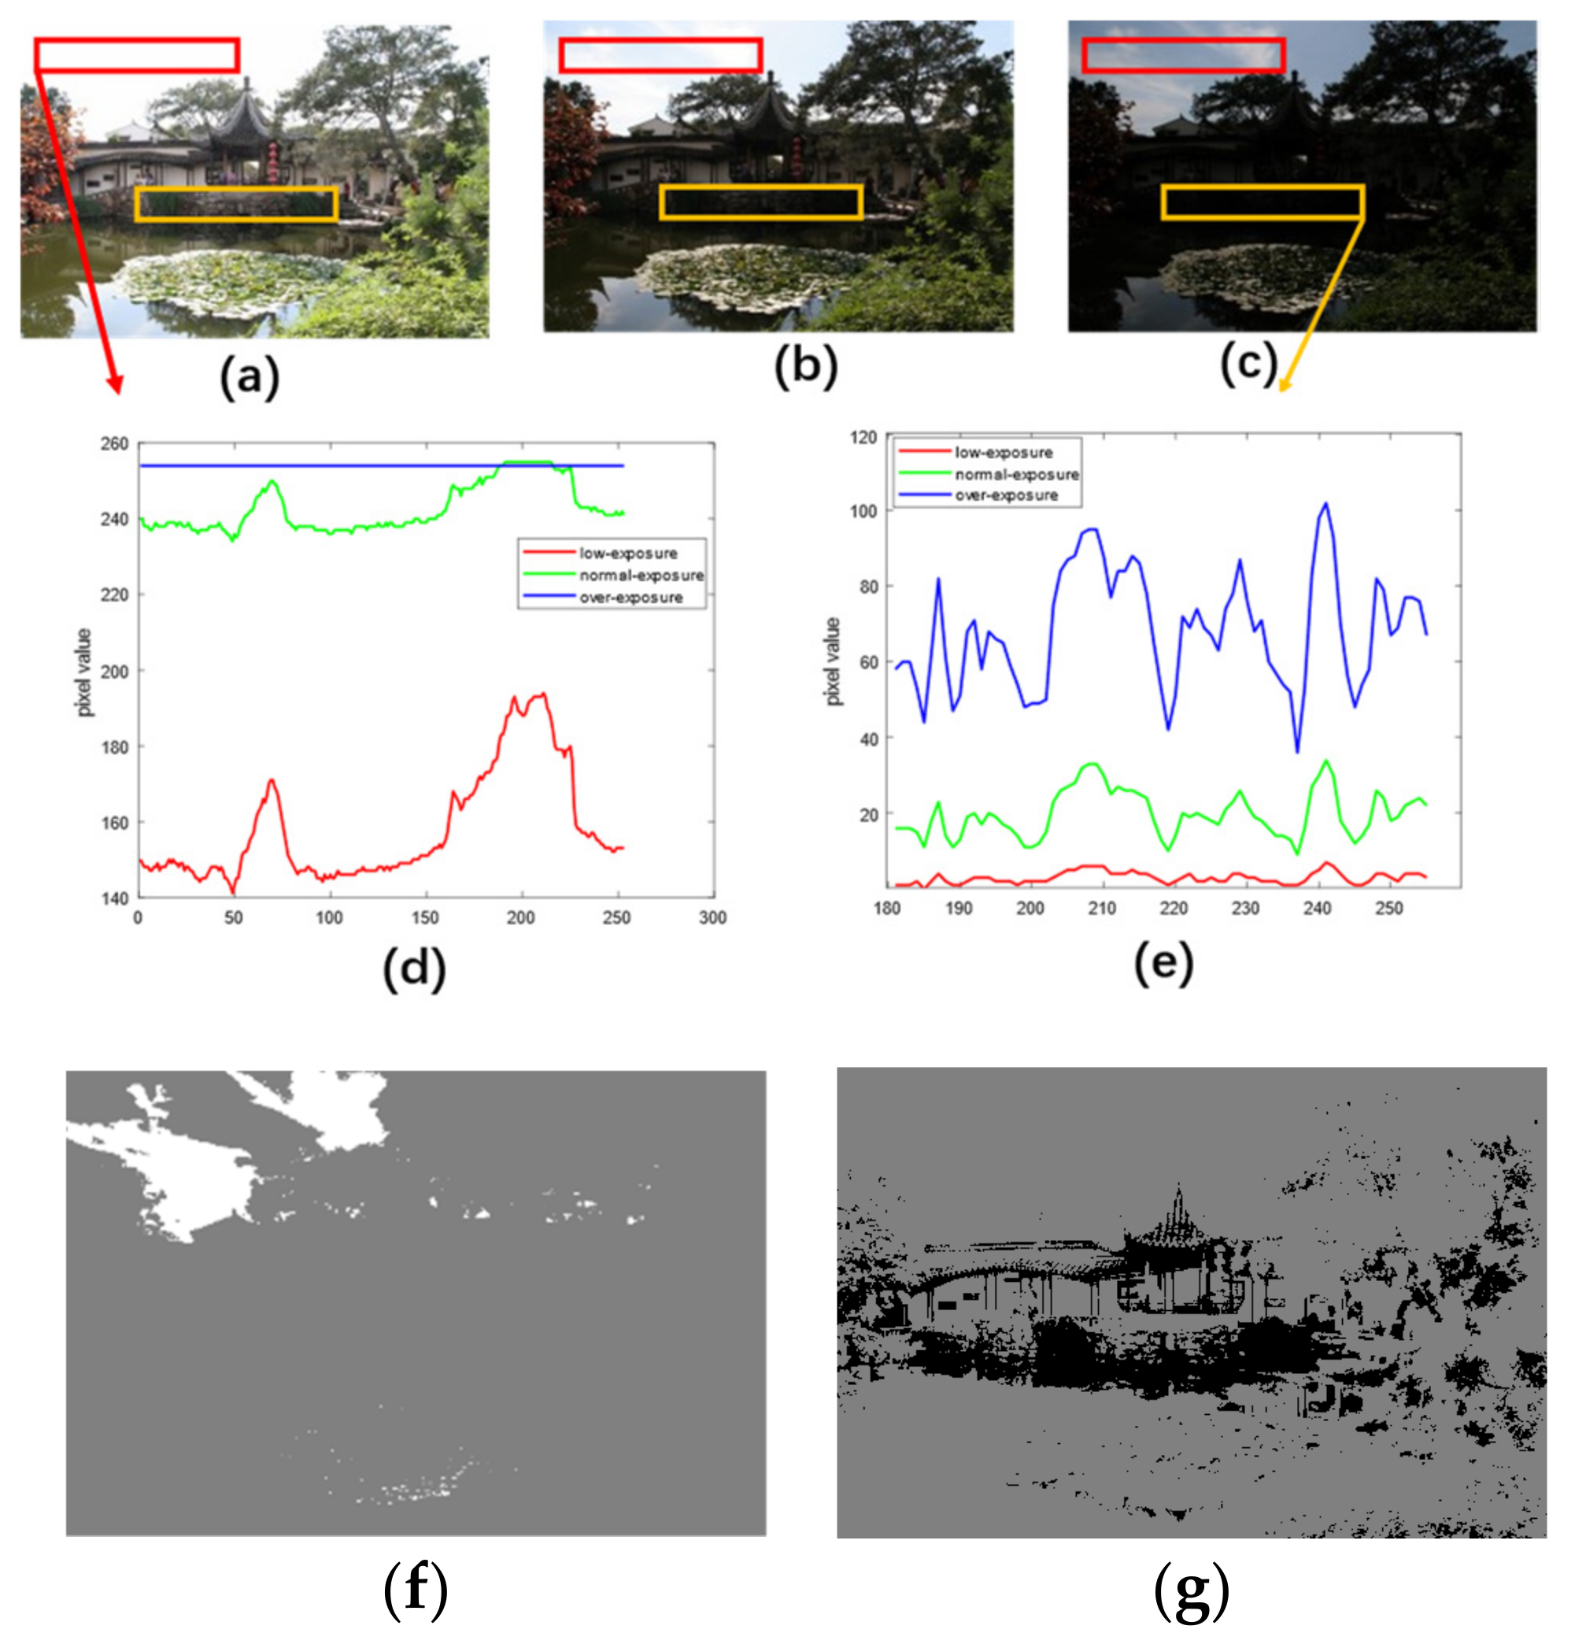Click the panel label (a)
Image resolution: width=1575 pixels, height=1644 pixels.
(249, 376)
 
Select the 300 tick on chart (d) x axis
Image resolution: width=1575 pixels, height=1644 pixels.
(712, 917)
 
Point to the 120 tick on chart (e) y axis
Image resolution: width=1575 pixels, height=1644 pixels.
(863, 437)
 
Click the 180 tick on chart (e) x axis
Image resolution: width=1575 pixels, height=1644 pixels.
(887, 909)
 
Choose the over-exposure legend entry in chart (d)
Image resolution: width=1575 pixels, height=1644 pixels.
(630, 597)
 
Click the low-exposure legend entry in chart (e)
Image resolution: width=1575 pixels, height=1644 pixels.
(1003, 452)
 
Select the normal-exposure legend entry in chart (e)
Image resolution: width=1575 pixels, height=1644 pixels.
(1016, 474)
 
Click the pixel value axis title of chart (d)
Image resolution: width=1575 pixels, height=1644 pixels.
(84, 672)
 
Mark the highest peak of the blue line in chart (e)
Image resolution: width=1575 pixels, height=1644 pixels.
(1325, 503)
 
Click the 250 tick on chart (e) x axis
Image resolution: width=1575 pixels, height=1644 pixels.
(1388, 909)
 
